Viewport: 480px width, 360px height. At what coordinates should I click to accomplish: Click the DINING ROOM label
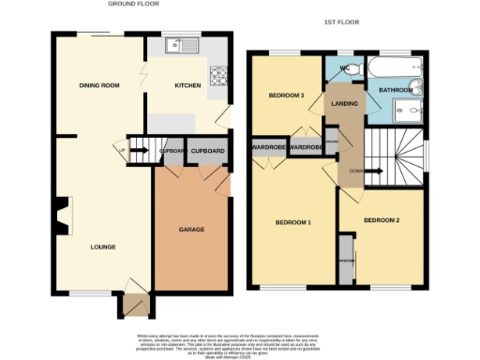coord(98,86)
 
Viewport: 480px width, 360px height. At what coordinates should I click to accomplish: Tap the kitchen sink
coord(175,45)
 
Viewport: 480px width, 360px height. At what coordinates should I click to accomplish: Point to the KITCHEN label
coord(188,86)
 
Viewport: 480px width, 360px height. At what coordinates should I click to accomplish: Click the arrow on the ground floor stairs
coord(123,147)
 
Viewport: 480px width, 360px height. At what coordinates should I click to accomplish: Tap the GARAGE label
coord(191,229)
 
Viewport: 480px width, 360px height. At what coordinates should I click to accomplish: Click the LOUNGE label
coord(102,247)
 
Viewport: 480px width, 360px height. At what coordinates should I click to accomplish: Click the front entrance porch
coord(133,306)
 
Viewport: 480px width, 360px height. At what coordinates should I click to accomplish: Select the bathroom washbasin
coord(416,89)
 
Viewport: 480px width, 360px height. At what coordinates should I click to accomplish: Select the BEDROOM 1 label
coord(292,222)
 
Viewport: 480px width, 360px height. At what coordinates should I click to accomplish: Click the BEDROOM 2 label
coord(382,219)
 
